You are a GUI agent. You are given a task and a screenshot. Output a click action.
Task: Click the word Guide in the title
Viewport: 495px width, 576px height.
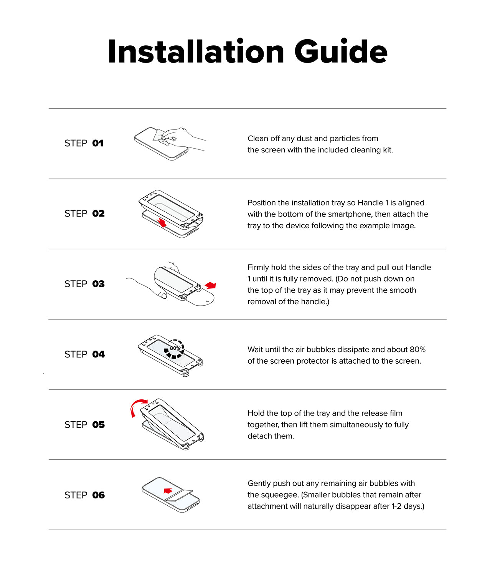(x=341, y=52)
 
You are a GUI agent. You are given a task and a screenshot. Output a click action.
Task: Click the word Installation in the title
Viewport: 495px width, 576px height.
(x=196, y=52)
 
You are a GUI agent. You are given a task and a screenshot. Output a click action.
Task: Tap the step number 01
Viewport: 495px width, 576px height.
(x=98, y=143)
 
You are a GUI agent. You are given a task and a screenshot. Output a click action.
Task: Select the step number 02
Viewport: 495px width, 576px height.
(x=98, y=214)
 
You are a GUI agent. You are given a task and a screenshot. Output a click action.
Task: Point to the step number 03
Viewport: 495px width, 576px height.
(x=98, y=284)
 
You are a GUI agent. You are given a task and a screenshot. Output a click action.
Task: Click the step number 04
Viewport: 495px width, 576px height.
(x=98, y=354)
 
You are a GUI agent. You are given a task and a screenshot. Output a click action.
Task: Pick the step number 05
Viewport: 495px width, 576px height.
(x=98, y=425)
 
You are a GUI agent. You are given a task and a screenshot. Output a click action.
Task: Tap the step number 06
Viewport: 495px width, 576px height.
(x=98, y=495)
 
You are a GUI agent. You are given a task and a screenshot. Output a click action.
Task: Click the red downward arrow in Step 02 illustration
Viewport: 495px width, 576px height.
(x=162, y=223)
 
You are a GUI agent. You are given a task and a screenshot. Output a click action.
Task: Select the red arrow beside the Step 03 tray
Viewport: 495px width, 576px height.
(x=211, y=285)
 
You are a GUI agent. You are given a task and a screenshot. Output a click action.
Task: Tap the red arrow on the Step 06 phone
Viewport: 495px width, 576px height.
(x=168, y=491)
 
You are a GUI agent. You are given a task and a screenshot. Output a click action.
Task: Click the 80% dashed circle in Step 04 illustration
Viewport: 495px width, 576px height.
(x=175, y=349)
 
